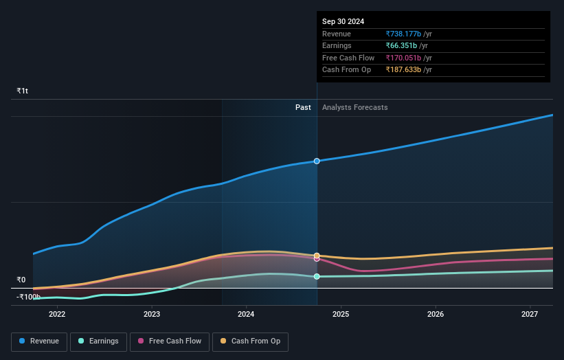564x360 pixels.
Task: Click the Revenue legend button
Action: (x=39, y=341)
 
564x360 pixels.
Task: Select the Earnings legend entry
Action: (x=98, y=341)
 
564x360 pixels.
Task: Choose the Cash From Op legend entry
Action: (x=250, y=341)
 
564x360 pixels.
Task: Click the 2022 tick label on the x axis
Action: (x=57, y=315)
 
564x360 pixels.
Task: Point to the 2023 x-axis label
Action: (x=152, y=315)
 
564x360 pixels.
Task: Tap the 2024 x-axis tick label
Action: (x=246, y=315)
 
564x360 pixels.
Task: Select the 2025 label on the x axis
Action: (x=341, y=315)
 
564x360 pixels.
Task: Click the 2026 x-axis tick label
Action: (x=435, y=315)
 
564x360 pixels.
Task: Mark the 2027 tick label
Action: (x=529, y=315)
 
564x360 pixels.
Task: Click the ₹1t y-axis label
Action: (x=23, y=91)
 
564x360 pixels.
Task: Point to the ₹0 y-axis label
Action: (x=21, y=280)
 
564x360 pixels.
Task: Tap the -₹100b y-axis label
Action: (x=28, y=297)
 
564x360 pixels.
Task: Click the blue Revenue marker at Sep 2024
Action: (x=317, y=161)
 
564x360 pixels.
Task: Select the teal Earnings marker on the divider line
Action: (x=317, y=277)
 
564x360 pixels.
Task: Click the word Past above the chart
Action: (x=303, y=108)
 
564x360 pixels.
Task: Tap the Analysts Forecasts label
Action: (x=354, y=108)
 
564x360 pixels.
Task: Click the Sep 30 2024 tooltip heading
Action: (x=343, y=21)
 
